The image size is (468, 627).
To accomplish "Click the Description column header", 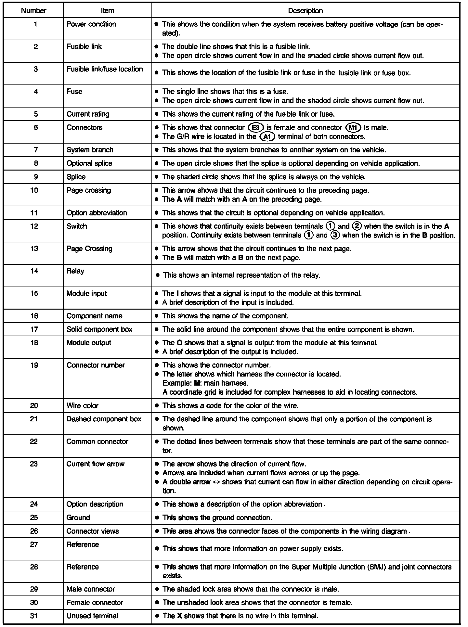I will (x=305, y=11).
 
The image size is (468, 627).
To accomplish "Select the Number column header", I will (x=33, y=11).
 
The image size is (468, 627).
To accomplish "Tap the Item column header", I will (x=107, y=11).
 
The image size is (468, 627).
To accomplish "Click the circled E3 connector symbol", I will (x=255, y=128).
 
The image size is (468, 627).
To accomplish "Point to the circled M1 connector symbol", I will (x=353, y=128).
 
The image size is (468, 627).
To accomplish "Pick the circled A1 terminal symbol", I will (x=267, y=137).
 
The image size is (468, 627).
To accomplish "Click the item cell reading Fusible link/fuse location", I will (x=104, y=69).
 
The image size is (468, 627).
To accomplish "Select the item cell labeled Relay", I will (x=75, y=271).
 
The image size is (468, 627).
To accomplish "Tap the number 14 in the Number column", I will (x=34, y=271).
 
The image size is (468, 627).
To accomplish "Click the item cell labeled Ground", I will (x=78, y=518).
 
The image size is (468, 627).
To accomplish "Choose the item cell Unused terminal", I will (x=92, y=616).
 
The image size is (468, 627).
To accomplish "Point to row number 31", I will (x=34, y=616).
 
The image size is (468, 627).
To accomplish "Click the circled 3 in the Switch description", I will (x=335, y=235).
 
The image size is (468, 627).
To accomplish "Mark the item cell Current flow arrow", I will (x=95, y=464).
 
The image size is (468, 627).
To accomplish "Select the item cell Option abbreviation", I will (x=97, y=213).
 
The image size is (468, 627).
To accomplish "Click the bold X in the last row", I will (x=178, y=616).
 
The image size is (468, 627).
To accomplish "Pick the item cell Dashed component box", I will (x=104, y=419).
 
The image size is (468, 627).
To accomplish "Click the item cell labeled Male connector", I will (x=91, y=589).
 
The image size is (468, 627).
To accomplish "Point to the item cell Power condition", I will (x=91, y=24).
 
